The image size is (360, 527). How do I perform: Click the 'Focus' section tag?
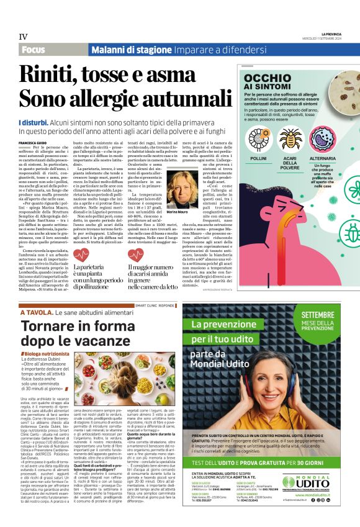click(35, 50)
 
